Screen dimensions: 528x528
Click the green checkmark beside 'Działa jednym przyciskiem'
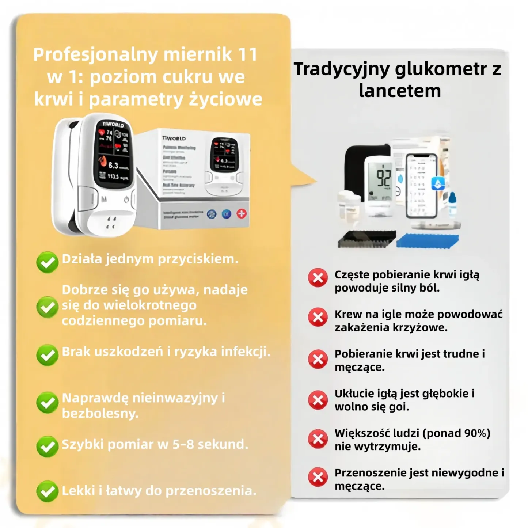click(x=47, y=262)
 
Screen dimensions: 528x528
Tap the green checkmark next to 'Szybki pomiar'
click(x=47, y=446)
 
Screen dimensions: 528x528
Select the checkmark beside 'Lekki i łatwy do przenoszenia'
click(x=47, y=491)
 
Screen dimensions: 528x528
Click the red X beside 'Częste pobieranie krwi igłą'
click(x=318, y=278)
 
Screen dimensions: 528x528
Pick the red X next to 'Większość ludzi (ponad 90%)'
click(x=318, y=439)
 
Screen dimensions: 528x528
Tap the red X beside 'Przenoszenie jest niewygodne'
click(x=318, y=477)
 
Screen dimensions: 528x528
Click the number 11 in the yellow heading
click(x=248, y=54)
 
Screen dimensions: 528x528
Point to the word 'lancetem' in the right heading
click(x=400, y=91)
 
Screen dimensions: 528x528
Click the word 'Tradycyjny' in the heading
click(x=342, y=69)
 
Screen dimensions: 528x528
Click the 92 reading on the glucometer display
click(x=384, y=178)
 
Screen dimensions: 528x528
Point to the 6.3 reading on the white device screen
click(x=113, y=165)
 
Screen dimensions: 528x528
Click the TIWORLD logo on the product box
click(x=174, y=138)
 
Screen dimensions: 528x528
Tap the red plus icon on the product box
click(x=242, y=214)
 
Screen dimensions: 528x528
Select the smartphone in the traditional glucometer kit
click(x=422, y=186)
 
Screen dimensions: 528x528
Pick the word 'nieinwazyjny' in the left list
click(x=175, y=398)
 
